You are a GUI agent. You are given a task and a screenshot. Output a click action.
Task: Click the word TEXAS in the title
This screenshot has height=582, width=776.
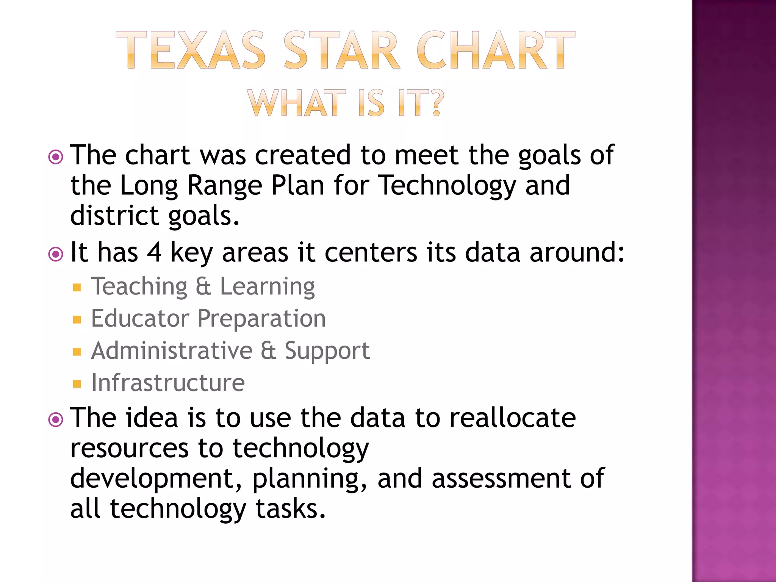[191, 50]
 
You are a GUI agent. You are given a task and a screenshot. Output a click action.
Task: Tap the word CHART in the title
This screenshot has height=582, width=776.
[496, 50]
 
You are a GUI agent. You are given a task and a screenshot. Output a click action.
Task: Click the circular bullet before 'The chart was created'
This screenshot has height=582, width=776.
[56, 157]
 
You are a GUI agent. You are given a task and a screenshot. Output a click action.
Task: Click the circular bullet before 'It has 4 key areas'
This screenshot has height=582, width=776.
[56, 254]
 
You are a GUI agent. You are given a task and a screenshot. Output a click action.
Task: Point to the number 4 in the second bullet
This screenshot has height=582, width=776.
[154, 252]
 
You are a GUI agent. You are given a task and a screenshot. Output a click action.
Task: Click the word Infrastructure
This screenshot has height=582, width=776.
[168, 383]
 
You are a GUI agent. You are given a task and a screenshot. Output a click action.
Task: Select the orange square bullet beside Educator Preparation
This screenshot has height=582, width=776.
[77, 320]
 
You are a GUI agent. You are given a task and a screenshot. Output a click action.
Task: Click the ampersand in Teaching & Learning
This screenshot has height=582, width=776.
[203, 286]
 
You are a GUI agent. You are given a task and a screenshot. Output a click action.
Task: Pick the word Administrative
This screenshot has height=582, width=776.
[172, 350]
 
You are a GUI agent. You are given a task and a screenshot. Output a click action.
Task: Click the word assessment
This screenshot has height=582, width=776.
[501, 479]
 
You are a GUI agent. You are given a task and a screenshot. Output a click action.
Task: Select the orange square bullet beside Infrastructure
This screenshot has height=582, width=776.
[77, 384]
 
